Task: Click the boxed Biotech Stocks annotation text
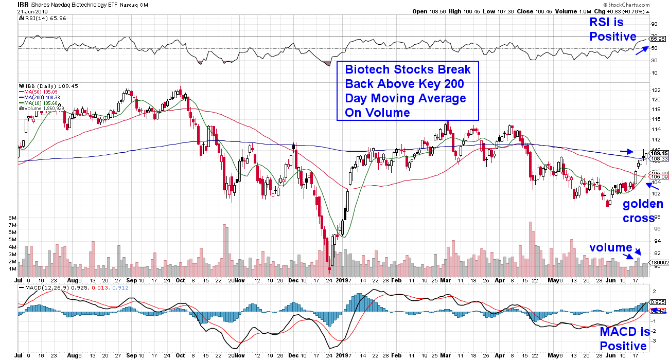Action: click(407, 91)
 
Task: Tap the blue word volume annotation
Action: click(611, 247)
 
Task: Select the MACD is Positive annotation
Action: click(623, 339)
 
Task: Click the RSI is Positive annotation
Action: click(613, 29)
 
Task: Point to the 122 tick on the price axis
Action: click(655, 90)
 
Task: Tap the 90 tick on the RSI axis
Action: click(655, 24)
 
